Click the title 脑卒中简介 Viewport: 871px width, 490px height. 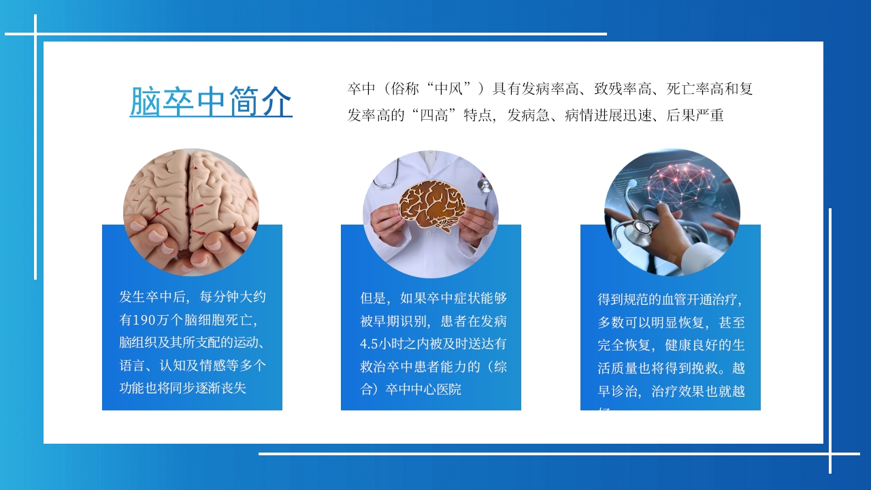[211, 101]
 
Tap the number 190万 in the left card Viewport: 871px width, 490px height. [156, 319]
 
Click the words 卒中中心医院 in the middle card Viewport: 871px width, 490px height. [423, 389]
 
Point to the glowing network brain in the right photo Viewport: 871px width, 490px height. [680, 183]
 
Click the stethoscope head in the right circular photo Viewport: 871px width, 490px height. [637, 232]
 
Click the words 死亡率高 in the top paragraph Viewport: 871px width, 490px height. [695, 88]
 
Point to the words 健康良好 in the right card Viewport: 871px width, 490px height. [692, 345]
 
